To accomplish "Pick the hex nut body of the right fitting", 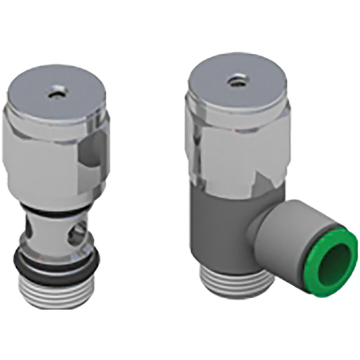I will [225, 148].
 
